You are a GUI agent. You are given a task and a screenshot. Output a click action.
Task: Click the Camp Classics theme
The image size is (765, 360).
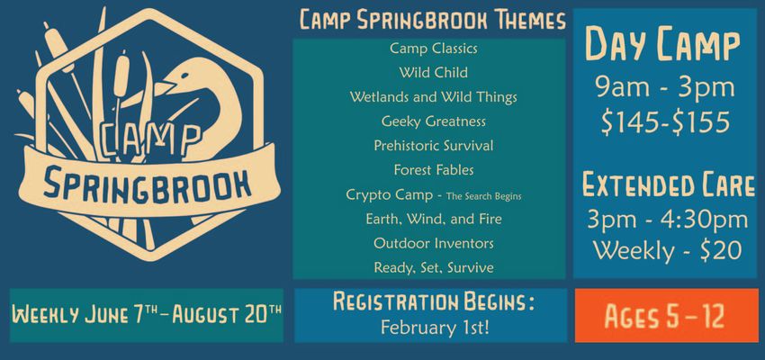coord(433,49)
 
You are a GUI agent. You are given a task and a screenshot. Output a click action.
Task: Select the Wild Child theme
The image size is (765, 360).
coord(433,73)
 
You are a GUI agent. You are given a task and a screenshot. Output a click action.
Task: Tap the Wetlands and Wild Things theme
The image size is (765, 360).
coord(433,97)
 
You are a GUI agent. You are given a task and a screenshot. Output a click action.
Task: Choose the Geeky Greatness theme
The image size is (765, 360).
coord(433,121)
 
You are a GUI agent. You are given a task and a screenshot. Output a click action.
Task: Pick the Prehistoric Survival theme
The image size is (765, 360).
coord(433,146)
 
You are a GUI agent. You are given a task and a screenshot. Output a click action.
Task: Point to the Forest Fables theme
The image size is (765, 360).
coord(433,170)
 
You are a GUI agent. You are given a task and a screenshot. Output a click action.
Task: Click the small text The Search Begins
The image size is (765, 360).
coord(484,197)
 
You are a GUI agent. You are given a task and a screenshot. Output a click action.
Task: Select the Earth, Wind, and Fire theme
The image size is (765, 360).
coord(433,219)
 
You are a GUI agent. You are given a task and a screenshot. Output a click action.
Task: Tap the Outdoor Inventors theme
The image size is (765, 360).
coord(433,243)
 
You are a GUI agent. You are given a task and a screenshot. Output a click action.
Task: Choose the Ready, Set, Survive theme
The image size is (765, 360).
coord(433,268)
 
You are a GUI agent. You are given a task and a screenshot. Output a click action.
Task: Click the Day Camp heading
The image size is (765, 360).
coord(662,44)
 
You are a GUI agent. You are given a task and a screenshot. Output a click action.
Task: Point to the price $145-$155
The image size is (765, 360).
coord(665,122)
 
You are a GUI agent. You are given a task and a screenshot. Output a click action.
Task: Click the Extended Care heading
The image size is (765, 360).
coord(669,184)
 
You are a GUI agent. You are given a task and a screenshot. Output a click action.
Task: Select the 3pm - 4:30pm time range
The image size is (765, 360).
coord(667,220)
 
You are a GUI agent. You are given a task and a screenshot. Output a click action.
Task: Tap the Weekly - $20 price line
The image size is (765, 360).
coord(667,251)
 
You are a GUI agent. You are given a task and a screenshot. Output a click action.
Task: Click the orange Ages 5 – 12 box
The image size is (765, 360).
coord(666,316)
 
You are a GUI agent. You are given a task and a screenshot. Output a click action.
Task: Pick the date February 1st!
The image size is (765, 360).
coord(434,328)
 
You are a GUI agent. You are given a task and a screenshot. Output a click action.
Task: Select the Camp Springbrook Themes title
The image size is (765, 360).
coord(433,21)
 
